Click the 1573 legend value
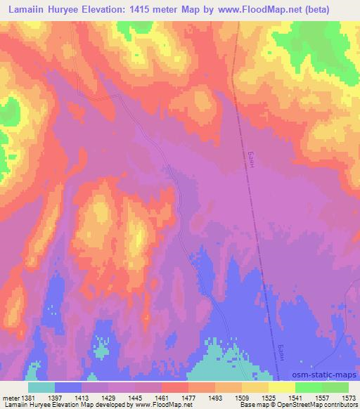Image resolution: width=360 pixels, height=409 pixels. click(x=347, y=398)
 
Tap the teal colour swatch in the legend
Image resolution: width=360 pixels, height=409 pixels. click(x=41, y=387)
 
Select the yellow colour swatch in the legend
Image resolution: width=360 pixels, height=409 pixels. click(x=282, y=387)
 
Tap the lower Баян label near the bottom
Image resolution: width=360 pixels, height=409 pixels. click(x=279, y=349)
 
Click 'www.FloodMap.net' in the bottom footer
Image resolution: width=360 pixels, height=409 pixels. click(x=152, y=405)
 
